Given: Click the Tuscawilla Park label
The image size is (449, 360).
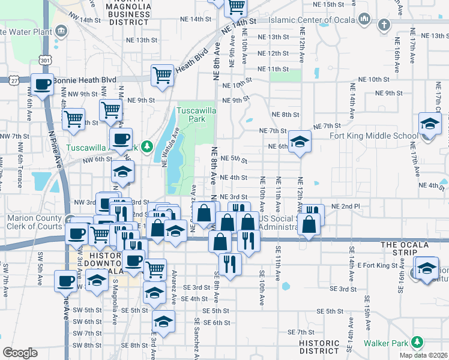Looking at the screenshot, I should click(191, 115).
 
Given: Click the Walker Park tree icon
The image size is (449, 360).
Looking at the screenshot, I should click(417, 343).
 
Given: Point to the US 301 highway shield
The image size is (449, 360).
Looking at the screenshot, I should click(44, 60).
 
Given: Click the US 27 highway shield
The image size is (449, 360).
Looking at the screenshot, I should click(14, 80).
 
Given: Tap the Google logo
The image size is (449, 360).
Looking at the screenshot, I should click(20, 353).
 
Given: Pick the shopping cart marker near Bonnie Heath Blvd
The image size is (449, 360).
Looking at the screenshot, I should click(162, 75).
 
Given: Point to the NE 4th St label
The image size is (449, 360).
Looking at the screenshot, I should click(234, 178).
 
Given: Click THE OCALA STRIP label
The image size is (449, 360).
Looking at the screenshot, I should click(406, 245).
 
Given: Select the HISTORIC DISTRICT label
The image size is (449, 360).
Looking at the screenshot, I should click(321, 346).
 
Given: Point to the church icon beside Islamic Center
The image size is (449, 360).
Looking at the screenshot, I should click(384, 25).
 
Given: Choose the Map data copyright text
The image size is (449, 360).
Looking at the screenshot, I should click(424, 355).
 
